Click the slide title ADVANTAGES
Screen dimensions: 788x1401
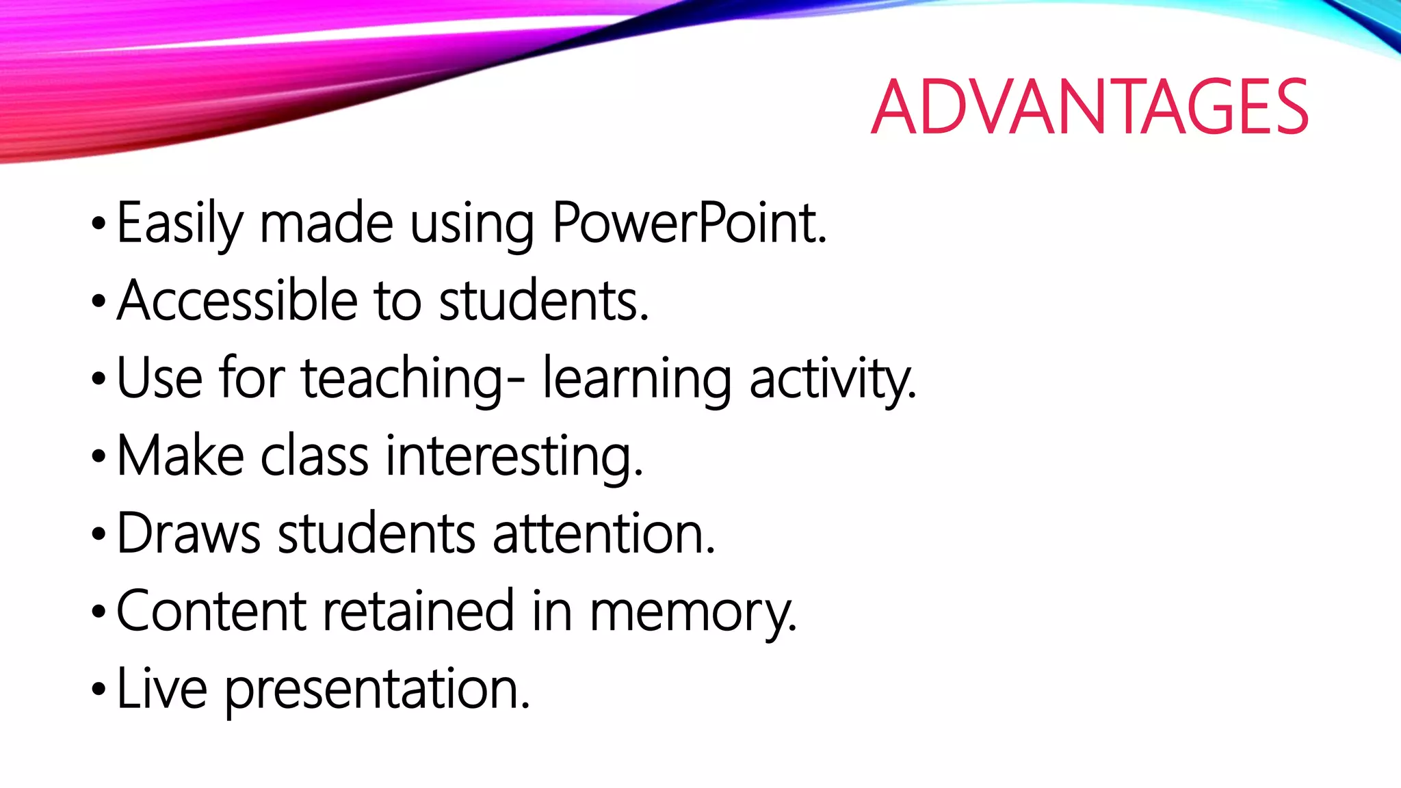click(x=1090, y=107)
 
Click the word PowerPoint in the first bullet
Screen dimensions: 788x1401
click(x=689, y=223)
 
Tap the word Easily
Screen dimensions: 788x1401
click(x=179, y=224)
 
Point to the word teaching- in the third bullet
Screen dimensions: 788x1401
click(x=413, y=378)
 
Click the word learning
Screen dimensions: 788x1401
click(x=637, y=378)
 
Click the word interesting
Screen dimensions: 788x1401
click(x=514, y=457)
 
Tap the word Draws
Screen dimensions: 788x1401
click(x=189, y=534)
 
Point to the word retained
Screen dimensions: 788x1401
click(x=418, y=611)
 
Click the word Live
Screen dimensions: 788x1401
click(x=162, y=688)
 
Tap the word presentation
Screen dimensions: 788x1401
click(x=377, y=689)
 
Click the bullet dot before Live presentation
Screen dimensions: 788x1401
click(x=99, y=689)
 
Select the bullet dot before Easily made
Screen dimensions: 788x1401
click(x=99, y=224)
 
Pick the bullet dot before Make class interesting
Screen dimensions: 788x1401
click(x=99, y=456)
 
